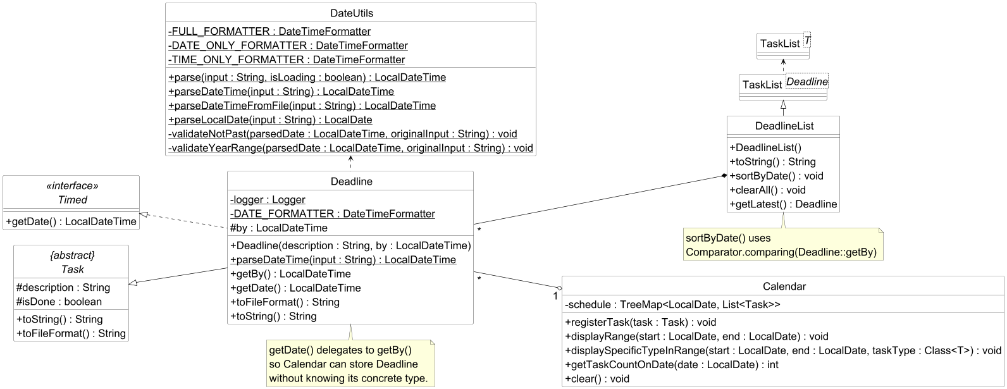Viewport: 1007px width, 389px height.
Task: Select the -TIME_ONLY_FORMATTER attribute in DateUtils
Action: pyautogui.click(x=287, y=59)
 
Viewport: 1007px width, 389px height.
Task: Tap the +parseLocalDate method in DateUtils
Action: pyautogui.click(x=270, y=120)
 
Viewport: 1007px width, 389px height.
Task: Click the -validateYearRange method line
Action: pyautogui.click(x=350, y=148)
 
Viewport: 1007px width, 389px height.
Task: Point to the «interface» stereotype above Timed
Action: pyautogui.click(x=72, y=186)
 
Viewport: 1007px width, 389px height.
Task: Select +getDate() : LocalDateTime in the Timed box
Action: pyautogui.click(x=71, y=221)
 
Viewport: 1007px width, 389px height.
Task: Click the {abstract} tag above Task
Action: pyautogui.click(x=72, y=256)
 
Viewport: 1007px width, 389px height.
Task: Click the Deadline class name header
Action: pyautogui.click(x=352, y=182)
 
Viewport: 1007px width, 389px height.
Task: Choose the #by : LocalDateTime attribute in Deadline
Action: pyautogui.click(x=279, y=228)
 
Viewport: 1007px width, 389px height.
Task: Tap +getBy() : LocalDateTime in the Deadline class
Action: pyautogui.click(x=290, y=274)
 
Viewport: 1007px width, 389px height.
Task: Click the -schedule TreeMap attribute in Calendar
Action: pyautogui.click(x=672, y=304)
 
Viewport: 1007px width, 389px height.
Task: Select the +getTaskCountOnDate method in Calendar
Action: pyautogui.click(x=672, y=364)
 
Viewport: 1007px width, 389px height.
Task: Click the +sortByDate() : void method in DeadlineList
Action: pyautogui.click(x=776, y=176)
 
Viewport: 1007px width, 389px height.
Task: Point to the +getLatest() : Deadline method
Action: pyautogui.click(x=783, y=204)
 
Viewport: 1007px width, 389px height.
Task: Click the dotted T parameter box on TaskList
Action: pyautogui.click(x=807, y=40)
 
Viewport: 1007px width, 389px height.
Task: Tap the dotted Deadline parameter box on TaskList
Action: pyautogui.click(x=806, y=82)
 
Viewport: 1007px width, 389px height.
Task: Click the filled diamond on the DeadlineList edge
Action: pyautogui.click(x=724, y=176)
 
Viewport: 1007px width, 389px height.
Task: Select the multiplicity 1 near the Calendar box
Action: pyautogui.click(x=555, y=296)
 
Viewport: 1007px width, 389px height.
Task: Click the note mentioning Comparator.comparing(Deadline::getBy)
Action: pyautogui.click(x=782, y=245)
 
